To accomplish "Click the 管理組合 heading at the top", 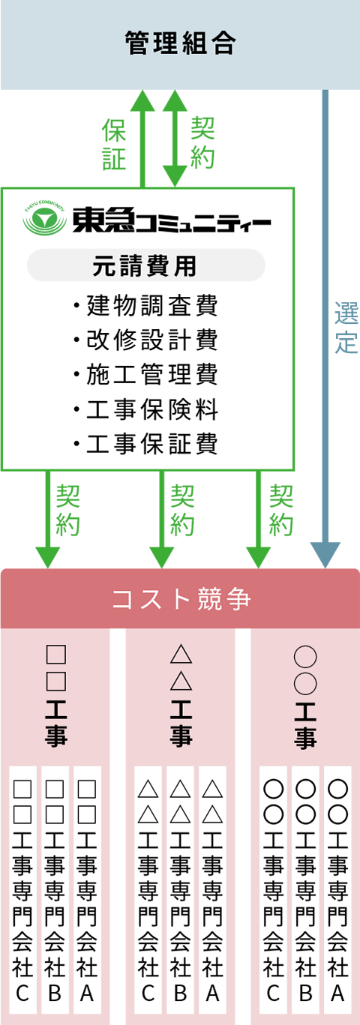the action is [180, 43].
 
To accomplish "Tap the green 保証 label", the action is [114, 144].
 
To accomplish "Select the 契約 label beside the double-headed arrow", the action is [202, 142].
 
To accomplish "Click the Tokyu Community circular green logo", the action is [44, 220].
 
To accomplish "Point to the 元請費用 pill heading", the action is [145, 265].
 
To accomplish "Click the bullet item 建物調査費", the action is [145, 306].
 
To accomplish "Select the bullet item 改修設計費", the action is [145, 340].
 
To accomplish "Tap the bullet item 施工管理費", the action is [145, 375].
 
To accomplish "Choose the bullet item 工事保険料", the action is [145, 409].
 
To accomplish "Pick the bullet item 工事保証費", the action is [145, 444].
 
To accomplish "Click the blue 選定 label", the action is [346, 327].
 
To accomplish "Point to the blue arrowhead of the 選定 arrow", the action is [325, 555].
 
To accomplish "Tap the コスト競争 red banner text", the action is [181, 598].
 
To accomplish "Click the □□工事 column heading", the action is [56, 696].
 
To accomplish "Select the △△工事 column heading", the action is [181, 696].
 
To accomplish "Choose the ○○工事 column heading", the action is [305, 696].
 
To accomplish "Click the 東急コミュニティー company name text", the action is [172, 220].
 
